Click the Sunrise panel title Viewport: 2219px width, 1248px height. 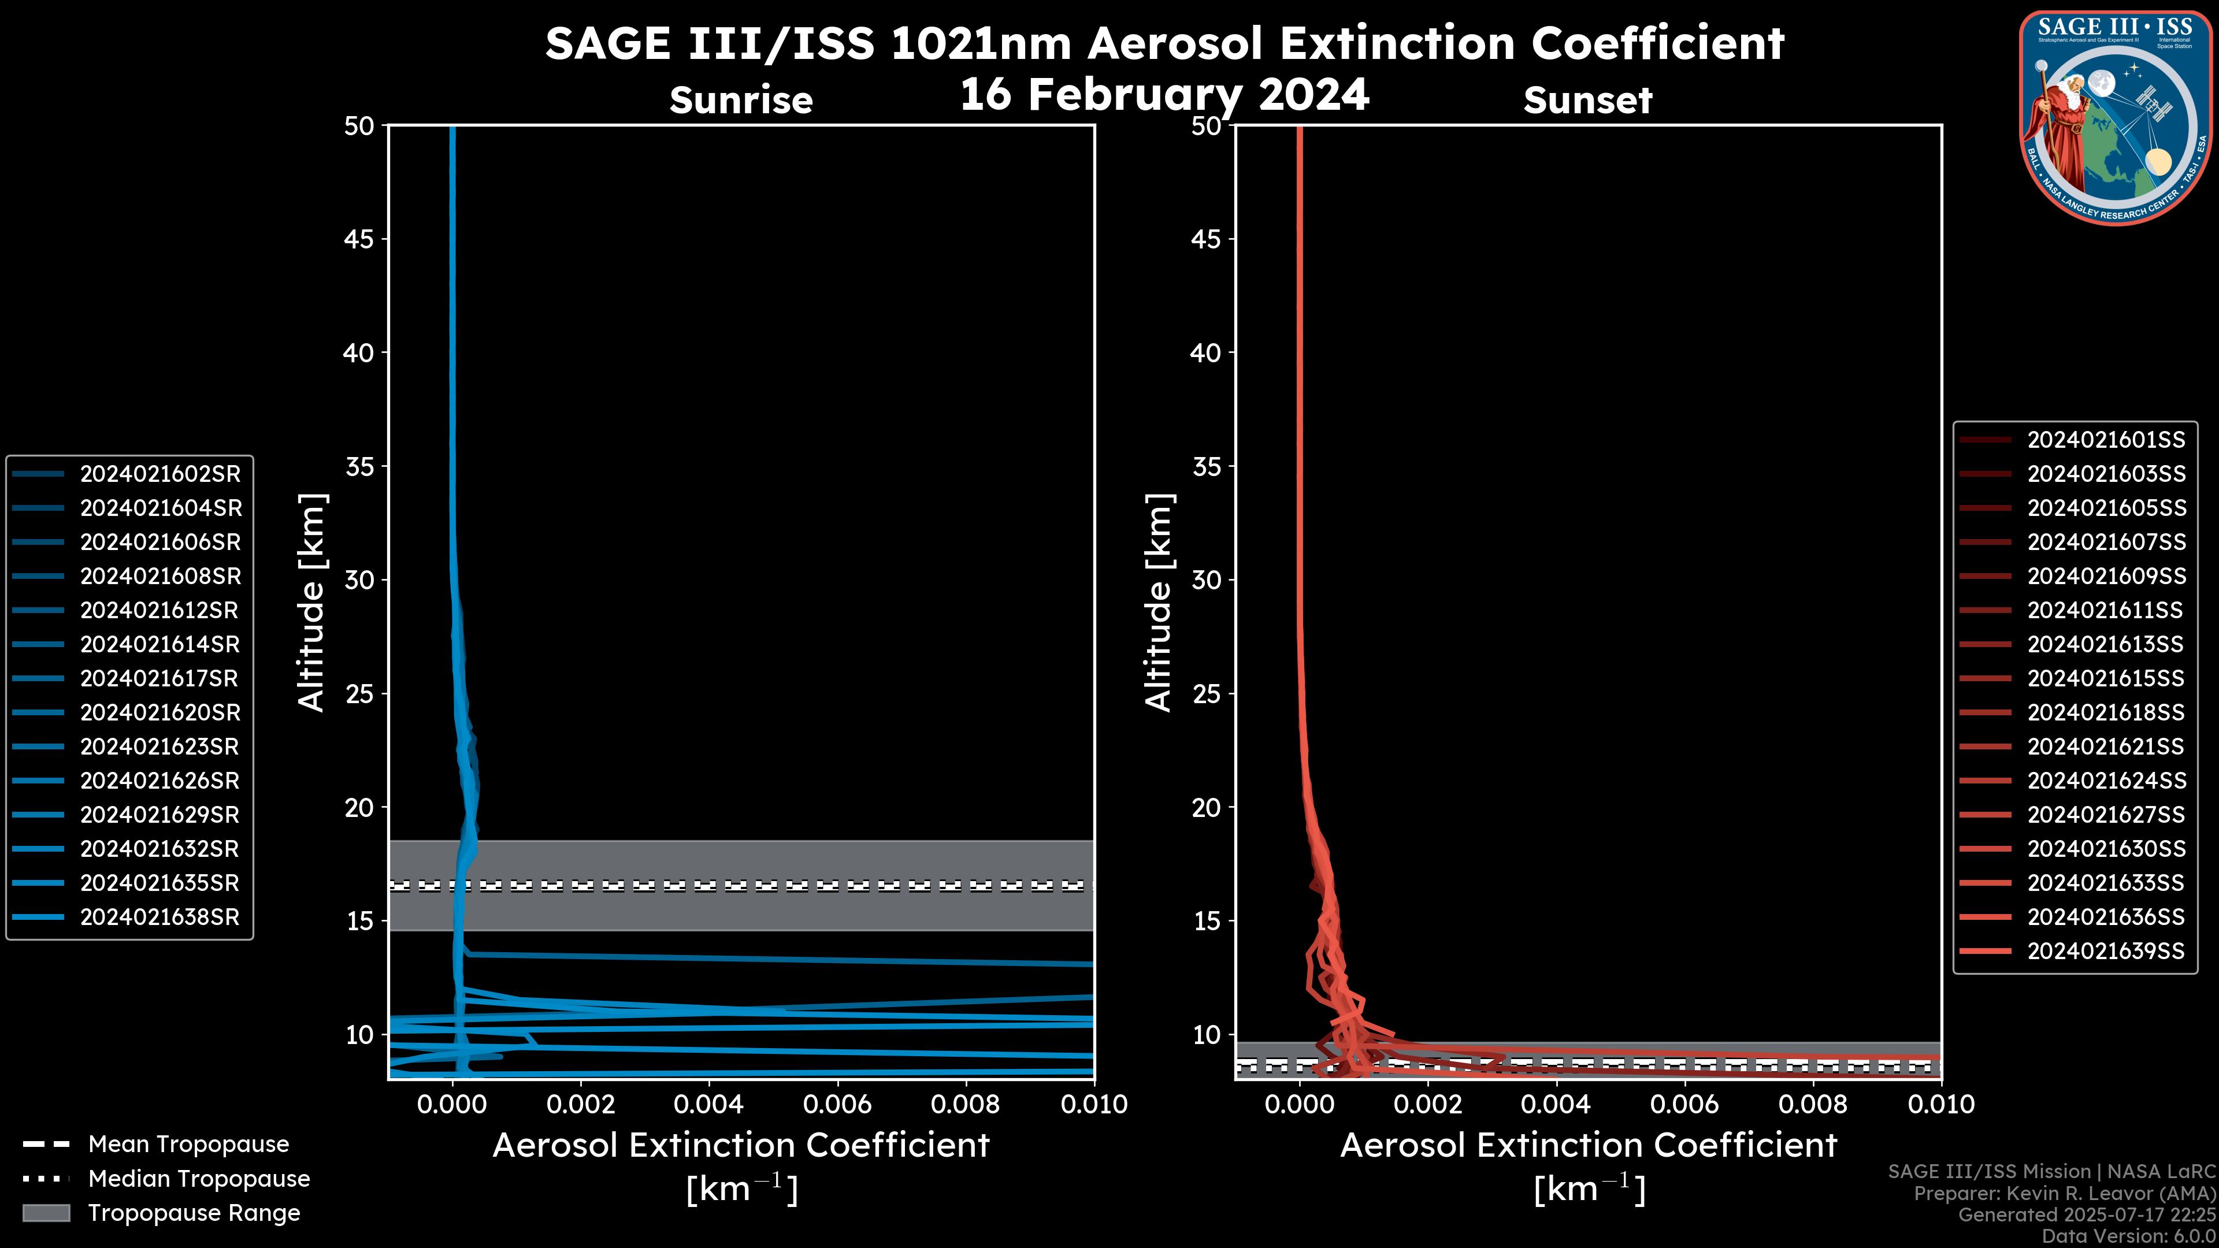point(741,101)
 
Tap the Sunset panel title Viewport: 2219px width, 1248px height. point(1587,101)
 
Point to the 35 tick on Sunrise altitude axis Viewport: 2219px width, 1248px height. point(360,467)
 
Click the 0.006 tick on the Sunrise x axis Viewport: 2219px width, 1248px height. point(837,1104)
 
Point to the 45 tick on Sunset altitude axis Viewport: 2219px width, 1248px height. point(1207,239)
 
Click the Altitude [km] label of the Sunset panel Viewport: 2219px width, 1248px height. point(1159,603)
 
